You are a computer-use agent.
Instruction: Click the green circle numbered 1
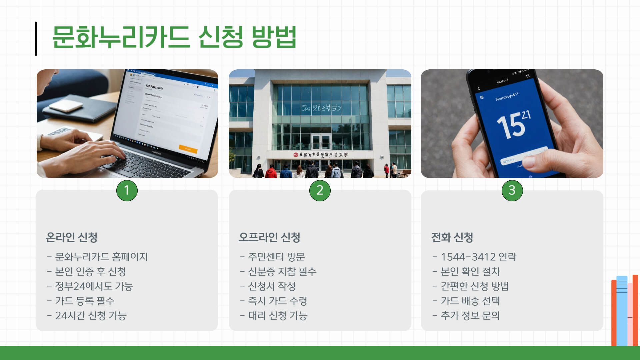click(127, 190)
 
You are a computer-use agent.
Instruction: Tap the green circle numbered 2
click(320, 190)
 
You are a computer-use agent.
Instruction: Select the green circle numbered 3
click(512, 190)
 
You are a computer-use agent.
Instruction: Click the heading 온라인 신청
click(71, 237)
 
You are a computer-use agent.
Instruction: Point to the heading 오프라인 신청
click(269, 237)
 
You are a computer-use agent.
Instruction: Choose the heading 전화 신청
click(452, 237)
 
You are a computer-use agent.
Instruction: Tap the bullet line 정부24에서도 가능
click(94, 286)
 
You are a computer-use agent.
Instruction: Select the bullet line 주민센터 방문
click(276, 257)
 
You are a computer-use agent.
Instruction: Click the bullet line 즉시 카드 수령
click(277, 301)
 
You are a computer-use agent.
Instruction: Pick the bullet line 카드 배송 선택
click(470, 301)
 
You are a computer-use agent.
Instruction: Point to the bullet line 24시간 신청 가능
click(91, 316)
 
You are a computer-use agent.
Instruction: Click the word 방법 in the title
click(274, 37)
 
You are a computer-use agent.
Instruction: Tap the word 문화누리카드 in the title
click(121, 37)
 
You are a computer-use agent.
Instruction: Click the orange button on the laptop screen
click(188, 149)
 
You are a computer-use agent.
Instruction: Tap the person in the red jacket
click(271, 172)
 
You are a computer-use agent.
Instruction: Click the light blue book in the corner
click(622, 310)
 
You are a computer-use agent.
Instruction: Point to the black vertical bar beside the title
click(36, 39)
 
